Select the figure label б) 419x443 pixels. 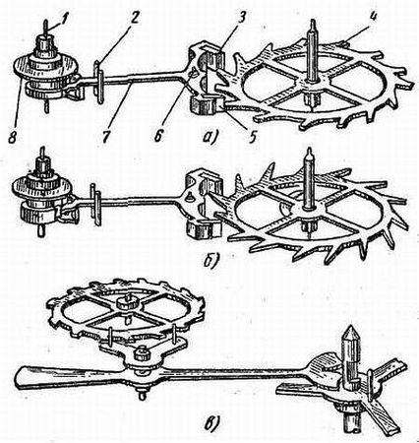coord(209,261)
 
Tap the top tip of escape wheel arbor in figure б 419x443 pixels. coord(309,151)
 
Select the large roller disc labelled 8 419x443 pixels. coord(45,68)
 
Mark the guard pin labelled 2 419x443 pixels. coord(99,82)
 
